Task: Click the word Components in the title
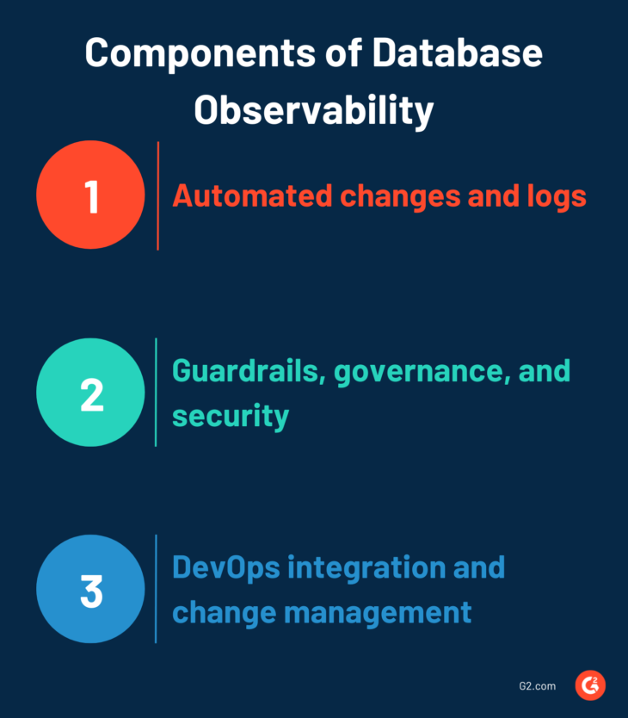200,54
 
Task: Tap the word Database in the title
457,53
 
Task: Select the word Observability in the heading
313,111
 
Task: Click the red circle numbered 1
90,195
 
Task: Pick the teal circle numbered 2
90,393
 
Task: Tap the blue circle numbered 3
90,589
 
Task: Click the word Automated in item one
252,196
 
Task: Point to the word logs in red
557,197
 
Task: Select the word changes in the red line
401,197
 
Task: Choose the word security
231,416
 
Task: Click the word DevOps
226,568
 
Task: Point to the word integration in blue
366,568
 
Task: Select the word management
378,613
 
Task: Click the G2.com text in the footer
538,686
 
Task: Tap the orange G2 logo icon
590,685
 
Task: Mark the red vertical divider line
158,196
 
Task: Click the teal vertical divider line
156,393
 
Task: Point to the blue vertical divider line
156,589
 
